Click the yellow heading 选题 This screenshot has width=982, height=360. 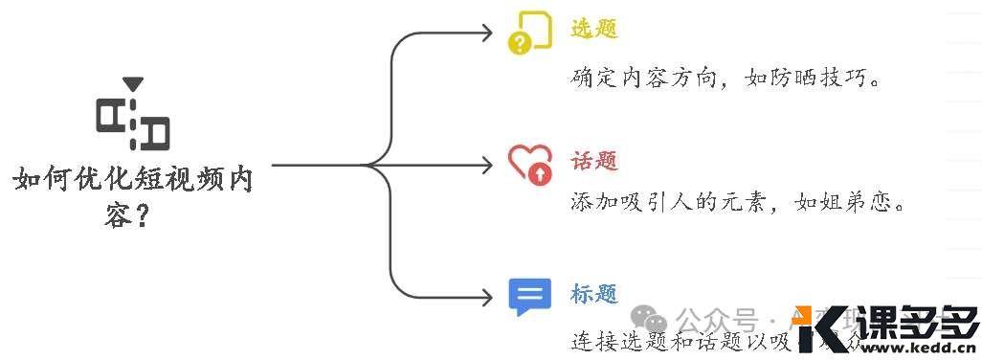(593, 29)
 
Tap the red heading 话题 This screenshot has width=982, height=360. (593, 161)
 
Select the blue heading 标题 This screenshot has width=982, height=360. (593, 293)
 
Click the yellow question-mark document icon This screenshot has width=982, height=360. (529, 33)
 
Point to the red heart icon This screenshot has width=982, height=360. (529, 164)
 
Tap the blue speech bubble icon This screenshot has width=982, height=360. (529, 297)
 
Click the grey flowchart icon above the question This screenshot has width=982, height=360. (133, 122)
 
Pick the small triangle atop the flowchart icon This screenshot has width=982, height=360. (133, 85)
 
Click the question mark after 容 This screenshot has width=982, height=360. (142, 217)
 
